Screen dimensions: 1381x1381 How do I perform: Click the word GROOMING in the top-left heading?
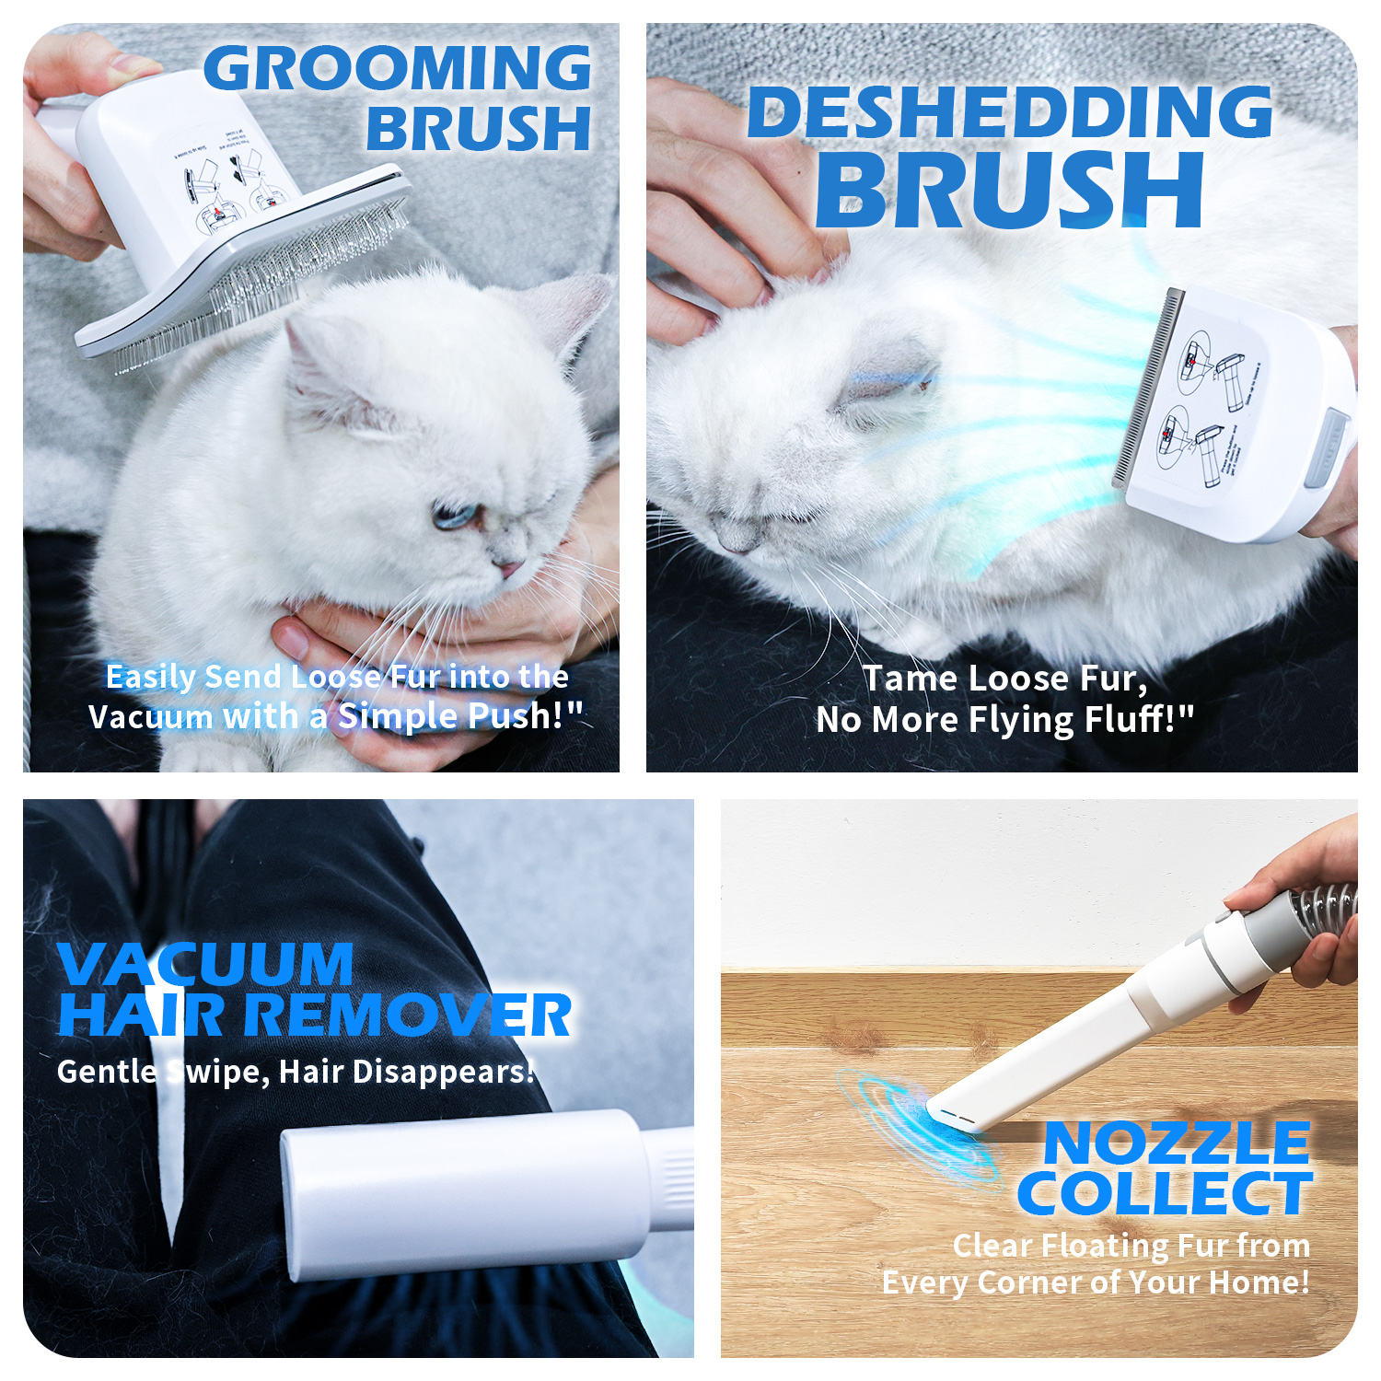coord(397,69)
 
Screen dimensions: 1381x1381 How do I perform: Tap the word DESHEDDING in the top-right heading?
coord(1009,112)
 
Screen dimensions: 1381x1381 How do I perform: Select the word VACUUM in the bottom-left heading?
coord(205,964)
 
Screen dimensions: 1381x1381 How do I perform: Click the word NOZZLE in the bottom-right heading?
coord(1177,1143)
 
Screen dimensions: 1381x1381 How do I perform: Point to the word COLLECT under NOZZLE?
coord(1164,1194)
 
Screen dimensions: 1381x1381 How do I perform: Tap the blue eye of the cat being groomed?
coord(451,516)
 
